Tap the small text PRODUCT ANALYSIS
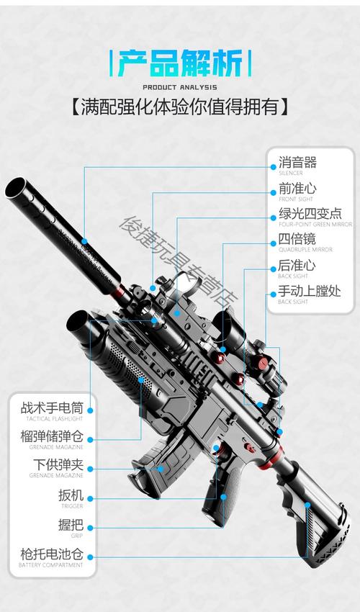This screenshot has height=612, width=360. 180,89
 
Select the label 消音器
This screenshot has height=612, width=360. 297,163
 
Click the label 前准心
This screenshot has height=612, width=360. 297,189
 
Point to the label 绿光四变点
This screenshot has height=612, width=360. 310,215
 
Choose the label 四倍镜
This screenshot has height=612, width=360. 297,240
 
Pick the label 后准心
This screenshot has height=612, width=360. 297,266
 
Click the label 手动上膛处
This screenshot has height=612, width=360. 310,292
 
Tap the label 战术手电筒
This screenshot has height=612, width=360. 52,408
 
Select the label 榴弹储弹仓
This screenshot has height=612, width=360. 52,436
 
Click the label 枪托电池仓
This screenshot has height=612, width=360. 52,554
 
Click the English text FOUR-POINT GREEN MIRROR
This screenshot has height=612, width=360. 315,225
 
